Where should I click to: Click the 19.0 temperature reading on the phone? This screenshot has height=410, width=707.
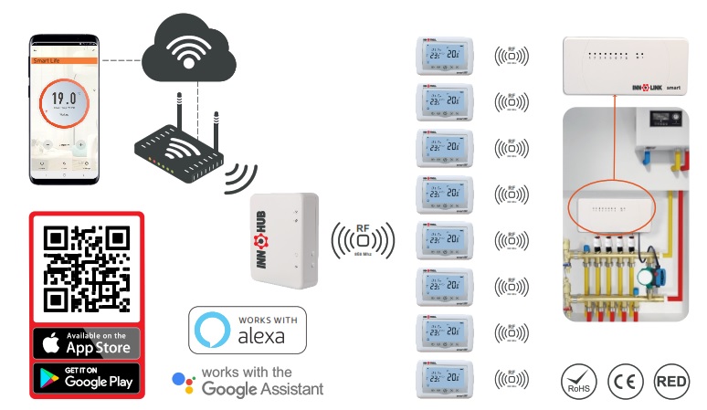62,98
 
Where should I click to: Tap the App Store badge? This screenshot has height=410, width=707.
87,342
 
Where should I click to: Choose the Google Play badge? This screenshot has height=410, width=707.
87,377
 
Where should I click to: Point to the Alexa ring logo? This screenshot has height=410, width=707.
212,330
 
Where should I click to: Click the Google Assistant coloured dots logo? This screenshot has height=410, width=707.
184,381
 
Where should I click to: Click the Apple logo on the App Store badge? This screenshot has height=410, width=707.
51,343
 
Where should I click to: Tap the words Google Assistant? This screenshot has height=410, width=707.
263,389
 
